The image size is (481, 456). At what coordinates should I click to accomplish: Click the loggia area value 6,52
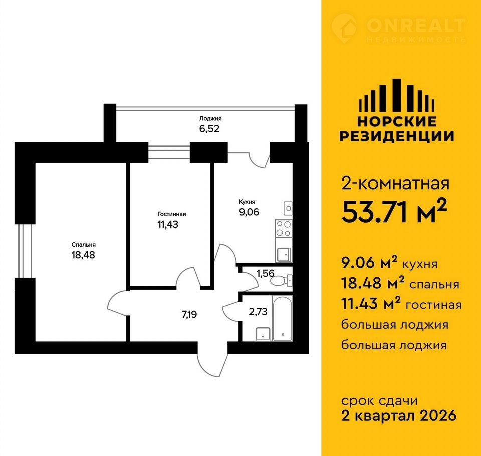pos(209,129)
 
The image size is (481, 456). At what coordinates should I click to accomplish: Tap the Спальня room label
pos(84,245)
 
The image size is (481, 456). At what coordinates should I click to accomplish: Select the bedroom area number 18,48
pos(83,255)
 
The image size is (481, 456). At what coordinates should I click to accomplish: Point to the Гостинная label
pos(172,214)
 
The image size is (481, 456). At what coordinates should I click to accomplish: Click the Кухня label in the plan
pos(247,202)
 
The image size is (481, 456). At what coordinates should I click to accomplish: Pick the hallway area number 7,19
pos(189,315)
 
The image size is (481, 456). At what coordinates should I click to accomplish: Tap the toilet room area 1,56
pos(266,273)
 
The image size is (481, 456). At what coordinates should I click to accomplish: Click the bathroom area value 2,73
pos(258,312)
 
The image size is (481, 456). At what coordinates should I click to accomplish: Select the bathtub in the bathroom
pos(283,318)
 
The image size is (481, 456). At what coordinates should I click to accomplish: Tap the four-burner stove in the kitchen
pos(284,229)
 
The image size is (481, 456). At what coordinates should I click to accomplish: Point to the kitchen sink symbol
pos(284,255)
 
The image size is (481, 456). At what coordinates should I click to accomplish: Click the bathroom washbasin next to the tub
pos(263,334)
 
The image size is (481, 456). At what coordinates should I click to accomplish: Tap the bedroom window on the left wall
pos(25,251)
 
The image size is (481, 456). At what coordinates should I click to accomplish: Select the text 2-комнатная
pos(395,184)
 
